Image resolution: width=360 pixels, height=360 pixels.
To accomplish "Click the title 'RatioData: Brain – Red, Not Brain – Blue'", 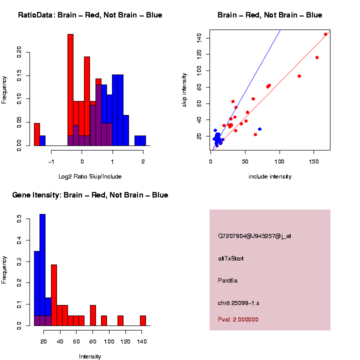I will [x=90, y=15].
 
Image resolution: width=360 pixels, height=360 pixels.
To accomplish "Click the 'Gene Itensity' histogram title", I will [x=90, y=195].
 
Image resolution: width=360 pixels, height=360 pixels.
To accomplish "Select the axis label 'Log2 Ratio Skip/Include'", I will [x=90, y=176].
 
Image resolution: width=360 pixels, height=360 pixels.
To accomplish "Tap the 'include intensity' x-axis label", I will [x=270, y=176].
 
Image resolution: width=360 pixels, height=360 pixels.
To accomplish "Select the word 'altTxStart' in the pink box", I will [x=231, y=258].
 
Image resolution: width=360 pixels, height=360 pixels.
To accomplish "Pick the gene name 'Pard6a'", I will [x=228, y=280].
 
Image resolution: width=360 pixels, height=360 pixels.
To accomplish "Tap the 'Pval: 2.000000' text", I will [x=238, y=319].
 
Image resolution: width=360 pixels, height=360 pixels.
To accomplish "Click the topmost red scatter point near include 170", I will [x=325, y=34].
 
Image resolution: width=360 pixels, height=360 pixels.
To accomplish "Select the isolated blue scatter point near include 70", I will [x=259, y=129].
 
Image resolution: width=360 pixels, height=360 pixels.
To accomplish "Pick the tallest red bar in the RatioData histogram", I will [x=70, y=90].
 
